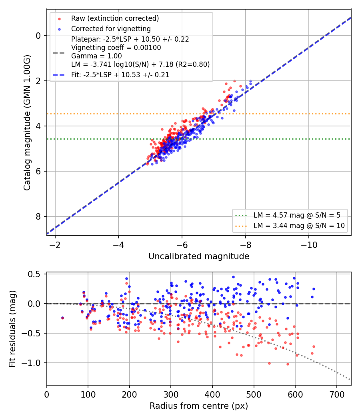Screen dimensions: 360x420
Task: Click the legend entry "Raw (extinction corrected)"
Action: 115,18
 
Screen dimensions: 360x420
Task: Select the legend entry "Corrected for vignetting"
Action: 111,29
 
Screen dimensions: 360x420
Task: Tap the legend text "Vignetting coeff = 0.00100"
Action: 116,48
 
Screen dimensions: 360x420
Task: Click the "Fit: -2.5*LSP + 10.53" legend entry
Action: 120,75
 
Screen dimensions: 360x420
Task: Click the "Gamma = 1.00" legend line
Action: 96,56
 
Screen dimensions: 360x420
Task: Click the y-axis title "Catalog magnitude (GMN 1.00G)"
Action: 27,123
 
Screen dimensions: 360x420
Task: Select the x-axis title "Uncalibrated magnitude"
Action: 199,256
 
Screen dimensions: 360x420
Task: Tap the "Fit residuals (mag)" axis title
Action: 12,329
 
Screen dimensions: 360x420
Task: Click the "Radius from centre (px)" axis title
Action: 199,406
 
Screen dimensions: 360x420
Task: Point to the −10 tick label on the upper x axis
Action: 308,245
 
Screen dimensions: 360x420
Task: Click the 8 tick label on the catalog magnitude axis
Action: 38,216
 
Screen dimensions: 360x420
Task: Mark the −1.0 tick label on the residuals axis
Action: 31,363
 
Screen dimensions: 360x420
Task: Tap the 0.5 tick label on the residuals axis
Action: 34,274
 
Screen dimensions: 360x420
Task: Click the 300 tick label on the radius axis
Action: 171,394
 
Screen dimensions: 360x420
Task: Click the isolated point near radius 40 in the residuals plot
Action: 63,318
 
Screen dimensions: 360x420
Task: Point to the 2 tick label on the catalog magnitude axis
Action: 38,81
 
